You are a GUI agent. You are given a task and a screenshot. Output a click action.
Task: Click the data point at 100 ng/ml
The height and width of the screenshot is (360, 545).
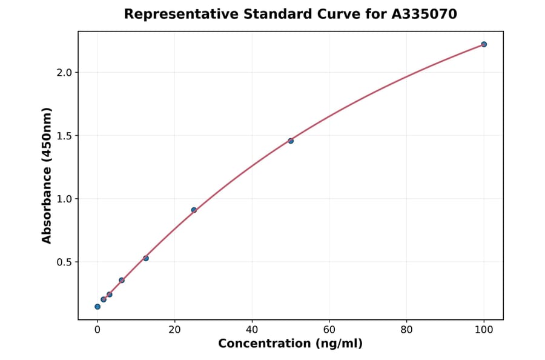tap(484, 44)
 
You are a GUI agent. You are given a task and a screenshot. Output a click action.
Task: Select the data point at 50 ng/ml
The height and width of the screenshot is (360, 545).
tap(291, 141)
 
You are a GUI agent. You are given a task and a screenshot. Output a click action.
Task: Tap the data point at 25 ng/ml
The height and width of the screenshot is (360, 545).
tap(194, 210)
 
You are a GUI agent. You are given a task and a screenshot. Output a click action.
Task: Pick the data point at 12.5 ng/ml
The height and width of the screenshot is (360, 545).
tap(146, 258)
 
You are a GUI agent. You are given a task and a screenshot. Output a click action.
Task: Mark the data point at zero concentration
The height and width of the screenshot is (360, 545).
tap(97, 307)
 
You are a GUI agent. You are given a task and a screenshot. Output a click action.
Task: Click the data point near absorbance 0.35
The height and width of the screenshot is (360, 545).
tap(122, 280)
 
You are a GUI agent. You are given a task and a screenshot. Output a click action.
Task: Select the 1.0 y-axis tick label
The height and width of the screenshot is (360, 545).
tap(64, 199)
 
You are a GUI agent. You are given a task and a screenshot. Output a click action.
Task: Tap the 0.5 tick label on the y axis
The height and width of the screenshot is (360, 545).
tap(64, 262)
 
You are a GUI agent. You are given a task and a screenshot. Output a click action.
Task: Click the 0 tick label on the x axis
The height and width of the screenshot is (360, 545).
tap(97, 330)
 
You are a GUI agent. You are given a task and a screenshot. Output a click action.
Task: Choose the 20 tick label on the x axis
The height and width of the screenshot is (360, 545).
tap(174, 330)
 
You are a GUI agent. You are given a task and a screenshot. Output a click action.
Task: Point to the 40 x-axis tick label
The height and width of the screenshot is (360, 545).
tap(252, 330)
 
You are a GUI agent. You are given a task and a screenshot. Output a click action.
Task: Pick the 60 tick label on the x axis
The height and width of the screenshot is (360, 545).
tap(329, 330)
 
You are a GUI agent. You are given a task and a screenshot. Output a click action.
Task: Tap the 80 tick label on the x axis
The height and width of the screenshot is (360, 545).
tap(406, 330)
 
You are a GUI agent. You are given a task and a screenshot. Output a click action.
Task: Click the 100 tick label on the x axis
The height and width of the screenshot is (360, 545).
tap(484, 330)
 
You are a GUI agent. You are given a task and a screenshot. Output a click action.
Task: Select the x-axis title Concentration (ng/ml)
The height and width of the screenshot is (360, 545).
tap(290, 344)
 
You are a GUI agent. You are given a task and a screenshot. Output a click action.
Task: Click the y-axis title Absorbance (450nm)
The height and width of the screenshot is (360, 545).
tap(47, 175)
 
